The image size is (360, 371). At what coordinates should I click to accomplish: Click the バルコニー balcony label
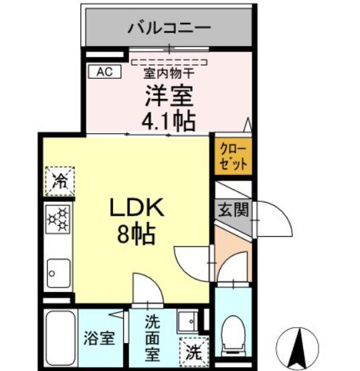(x=169, y=28)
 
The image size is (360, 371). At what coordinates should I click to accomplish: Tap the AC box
(x=104, y=72)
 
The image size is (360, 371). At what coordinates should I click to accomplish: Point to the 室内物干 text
(x=169, y=73)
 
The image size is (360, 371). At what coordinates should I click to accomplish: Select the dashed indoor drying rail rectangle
(x=169, y=62)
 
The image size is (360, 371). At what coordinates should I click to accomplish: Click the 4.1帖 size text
(x=169, y=122)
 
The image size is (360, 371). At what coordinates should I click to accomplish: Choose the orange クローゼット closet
(x=233, y=156)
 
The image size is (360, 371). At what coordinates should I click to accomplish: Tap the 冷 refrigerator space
(x=60, y=181)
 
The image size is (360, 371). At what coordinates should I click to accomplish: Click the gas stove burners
(x=58, y=219)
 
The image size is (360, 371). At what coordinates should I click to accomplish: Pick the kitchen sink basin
(x=58, y=273)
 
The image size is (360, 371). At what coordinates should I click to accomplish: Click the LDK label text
(x=137, y=207)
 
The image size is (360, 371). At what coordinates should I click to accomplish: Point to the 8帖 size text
(x=137, y=234)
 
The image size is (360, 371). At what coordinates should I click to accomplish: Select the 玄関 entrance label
(x=234, y=210)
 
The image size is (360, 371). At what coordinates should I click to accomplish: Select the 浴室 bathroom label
(x=99, y=339)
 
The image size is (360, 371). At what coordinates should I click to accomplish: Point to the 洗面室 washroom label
(x=153, y=338)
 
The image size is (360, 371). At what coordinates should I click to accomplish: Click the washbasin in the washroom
(x=188, y=321)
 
